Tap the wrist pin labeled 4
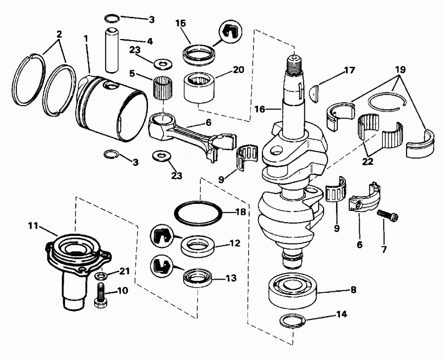pos(112,45)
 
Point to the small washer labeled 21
pos(101,275)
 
